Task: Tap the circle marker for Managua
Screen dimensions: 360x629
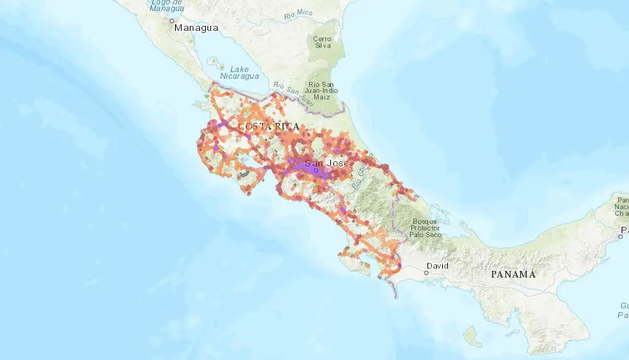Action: point(173,22)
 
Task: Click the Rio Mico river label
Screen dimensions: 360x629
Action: point(298,13)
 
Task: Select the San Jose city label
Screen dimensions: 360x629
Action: point(326,163)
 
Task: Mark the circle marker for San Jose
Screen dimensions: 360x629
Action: point(316,170)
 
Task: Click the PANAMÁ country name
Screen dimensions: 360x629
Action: point(513,274)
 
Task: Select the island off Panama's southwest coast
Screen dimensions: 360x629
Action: point(469,336)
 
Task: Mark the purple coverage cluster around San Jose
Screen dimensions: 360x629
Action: point(309,168)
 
